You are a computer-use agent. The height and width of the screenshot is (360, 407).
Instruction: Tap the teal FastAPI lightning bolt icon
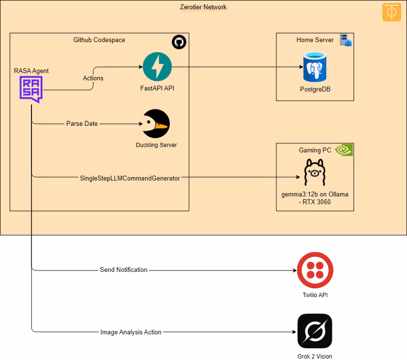click(157, 67)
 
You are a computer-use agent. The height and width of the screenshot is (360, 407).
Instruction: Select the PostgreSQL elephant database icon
click(315, 67)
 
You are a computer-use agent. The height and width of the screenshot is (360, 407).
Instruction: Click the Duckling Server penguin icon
click(156, 124)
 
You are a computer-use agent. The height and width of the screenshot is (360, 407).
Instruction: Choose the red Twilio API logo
click(315, 270)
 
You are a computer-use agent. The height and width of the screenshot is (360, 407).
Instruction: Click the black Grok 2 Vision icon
click(315, 331)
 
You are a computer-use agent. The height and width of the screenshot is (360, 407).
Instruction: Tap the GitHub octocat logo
click(179, 42)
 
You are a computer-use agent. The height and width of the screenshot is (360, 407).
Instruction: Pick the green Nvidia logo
click(344, 150)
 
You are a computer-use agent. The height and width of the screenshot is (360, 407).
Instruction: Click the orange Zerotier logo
click(392, 12)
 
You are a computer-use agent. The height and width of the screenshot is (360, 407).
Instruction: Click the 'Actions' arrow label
click(93, 78)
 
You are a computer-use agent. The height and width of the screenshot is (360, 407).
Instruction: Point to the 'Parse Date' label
click(82, 123)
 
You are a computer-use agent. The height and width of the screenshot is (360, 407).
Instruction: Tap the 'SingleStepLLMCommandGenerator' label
click(130, 178)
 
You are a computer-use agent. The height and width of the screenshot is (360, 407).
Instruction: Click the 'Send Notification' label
click(123, 270)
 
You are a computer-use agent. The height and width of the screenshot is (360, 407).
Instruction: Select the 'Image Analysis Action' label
click(131, 332)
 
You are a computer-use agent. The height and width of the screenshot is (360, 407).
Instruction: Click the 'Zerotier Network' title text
click(203, 7)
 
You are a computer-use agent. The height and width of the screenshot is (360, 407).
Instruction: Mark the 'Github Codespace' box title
click(99, 40)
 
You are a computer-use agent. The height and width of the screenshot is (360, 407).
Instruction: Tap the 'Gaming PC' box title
click(315, 150)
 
